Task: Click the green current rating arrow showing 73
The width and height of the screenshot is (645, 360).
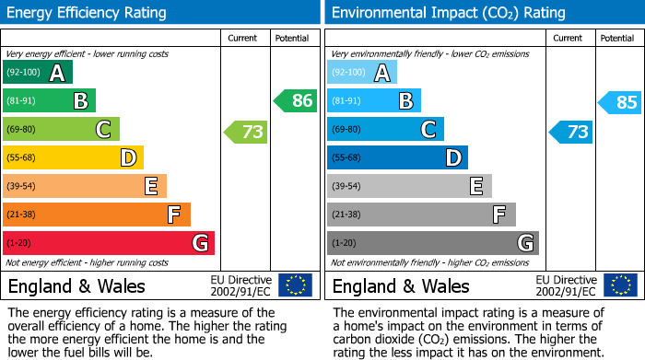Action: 246,132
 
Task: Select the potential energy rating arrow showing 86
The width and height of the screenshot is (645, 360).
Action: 296,101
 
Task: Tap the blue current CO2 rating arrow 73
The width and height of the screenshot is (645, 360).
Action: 570,132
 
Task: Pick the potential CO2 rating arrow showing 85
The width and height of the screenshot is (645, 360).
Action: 620,102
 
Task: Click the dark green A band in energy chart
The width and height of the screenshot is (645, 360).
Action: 38,73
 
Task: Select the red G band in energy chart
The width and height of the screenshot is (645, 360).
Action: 109,243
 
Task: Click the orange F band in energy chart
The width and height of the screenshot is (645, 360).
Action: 97,215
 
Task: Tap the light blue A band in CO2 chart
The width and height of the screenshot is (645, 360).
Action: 362,73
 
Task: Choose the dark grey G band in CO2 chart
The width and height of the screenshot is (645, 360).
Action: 432,243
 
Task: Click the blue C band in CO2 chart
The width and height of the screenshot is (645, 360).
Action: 385,130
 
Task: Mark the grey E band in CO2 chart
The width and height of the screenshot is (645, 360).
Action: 409,186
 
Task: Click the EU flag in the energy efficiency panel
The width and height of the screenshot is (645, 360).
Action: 295,285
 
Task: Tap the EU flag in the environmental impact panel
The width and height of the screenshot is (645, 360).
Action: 619,285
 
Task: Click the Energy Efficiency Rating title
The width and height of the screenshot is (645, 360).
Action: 87,13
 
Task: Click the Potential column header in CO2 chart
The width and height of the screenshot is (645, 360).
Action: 617,38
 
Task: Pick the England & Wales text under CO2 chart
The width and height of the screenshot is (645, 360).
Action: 401,285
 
